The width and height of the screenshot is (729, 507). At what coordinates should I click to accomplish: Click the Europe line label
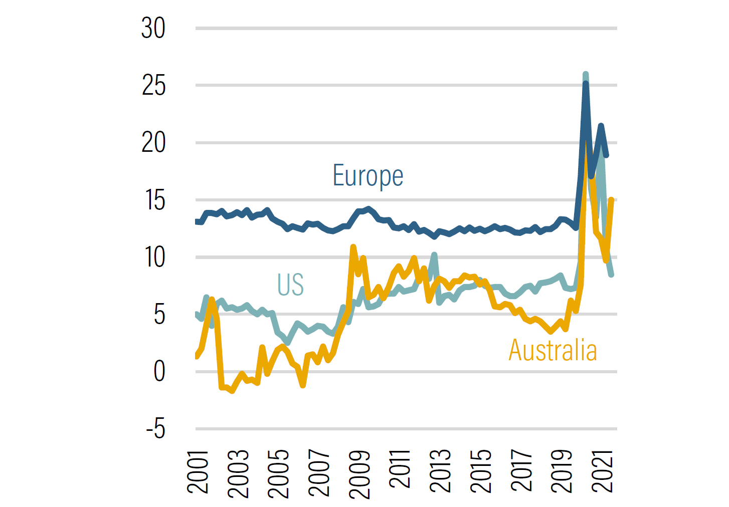[x=368, y=176]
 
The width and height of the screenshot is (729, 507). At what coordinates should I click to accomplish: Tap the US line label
[x=290, y=285]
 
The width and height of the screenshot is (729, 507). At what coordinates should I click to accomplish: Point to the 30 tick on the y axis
[x=153, y=28]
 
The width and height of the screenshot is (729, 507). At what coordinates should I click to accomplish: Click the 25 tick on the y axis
[x=153, y=85]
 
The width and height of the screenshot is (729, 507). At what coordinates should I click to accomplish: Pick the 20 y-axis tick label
[x=153, y=143]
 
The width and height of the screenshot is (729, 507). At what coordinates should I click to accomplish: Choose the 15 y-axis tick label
[x=154, y=200]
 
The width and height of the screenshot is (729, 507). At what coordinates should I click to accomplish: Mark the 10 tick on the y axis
[x=154, y=258]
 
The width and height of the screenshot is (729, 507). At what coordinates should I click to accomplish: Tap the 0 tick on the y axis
[x=159, y=372]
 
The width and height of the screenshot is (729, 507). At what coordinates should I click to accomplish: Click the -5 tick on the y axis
[x=156, y=429]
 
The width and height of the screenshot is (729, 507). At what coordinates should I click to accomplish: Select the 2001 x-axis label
[x=198, y=471]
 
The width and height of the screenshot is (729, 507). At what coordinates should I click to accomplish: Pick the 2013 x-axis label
[x=440, y=471]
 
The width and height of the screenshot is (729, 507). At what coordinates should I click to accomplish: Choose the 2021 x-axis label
[x=603, y=471]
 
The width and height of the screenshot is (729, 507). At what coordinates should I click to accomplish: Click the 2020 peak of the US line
[x=586, y=75]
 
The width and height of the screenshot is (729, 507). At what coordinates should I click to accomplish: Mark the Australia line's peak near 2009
[x=353, y=247]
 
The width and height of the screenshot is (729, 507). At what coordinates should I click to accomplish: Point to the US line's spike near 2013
[x=434, y=255]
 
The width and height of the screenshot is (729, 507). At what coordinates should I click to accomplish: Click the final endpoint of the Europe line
[x=606, y=155]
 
